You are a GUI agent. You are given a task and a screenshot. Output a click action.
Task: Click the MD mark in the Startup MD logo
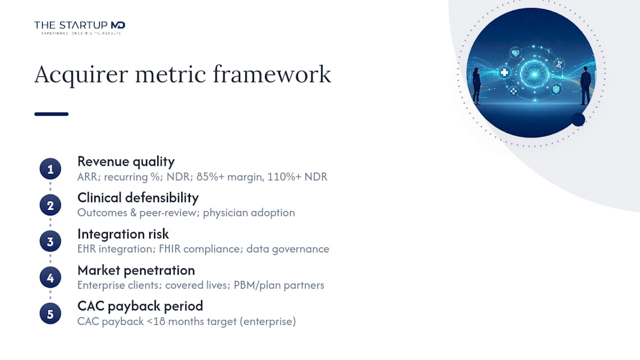tap(118, 25)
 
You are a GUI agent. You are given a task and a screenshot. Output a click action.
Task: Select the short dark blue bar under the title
tap(51, 114)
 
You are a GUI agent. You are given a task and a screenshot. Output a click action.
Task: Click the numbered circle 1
tap(50, 169)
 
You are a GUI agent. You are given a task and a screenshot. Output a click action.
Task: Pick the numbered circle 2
tap(50, 205)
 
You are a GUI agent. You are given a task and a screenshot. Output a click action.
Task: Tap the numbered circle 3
tap(50, 241)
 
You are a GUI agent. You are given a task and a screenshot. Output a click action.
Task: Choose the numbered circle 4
tap(50, 277)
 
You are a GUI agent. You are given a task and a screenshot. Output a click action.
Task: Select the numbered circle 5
tap(50, 313)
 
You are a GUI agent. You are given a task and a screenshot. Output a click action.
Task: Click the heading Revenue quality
tap(126, 161)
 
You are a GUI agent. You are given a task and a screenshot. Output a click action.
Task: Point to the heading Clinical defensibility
tap(138, 197)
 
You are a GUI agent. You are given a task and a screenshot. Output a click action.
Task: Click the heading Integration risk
tap(123, 234)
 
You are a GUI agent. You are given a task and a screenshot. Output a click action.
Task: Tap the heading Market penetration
tap(136, 270)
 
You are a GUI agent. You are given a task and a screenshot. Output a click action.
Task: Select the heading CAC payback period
tap(140, 306)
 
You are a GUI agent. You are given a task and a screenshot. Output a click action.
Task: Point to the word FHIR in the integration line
tap(169, 249)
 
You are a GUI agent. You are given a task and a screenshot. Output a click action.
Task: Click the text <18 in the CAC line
tap(156, 321)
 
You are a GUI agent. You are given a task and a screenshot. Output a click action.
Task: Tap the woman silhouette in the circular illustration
tap(476, 85)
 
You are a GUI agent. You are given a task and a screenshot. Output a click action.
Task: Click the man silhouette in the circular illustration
tap(585, 85)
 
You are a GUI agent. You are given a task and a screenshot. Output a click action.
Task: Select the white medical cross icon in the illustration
tap(504, 72)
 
